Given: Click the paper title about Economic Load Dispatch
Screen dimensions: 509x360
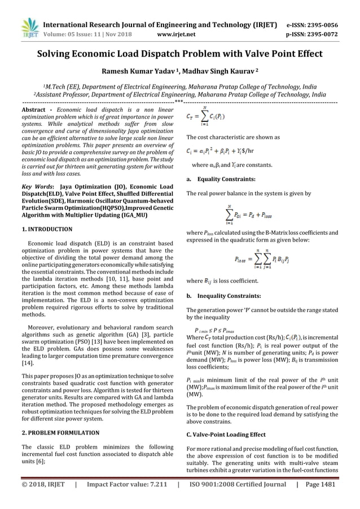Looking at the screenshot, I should pos(180,55).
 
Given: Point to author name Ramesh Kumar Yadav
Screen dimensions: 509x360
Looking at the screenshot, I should pos(141,72).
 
